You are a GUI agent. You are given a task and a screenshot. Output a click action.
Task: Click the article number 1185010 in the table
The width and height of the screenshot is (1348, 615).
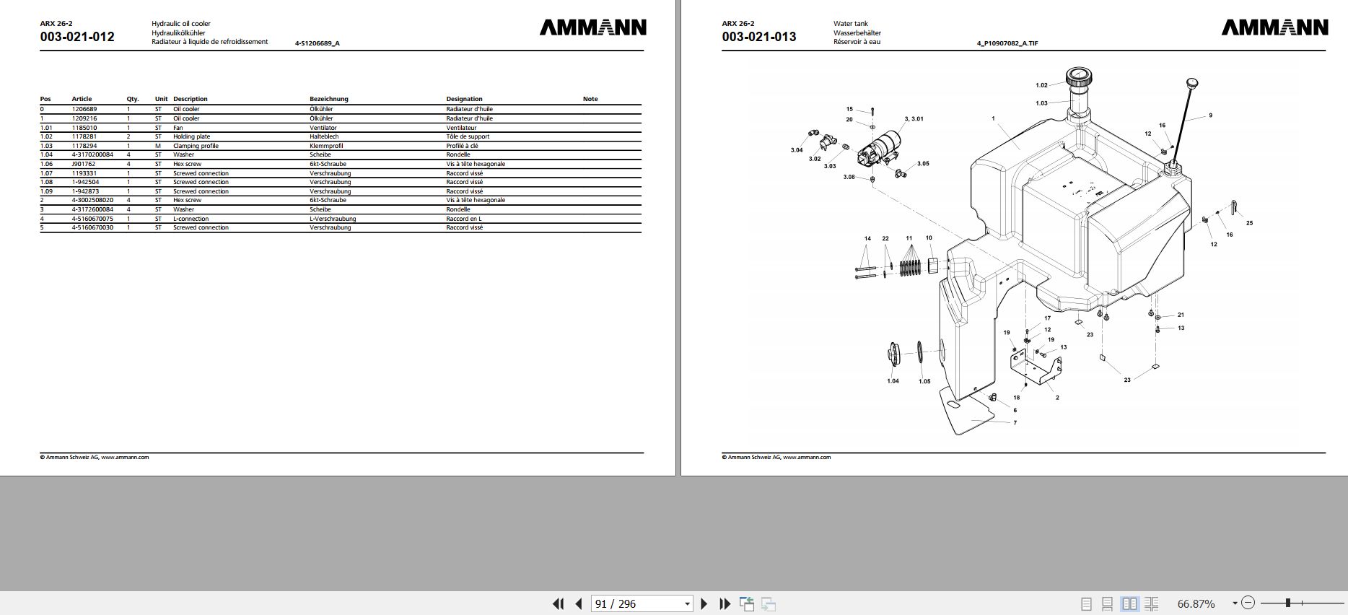point(84,128)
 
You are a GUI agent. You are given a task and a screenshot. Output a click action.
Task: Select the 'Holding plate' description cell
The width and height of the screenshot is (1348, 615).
point(192,136)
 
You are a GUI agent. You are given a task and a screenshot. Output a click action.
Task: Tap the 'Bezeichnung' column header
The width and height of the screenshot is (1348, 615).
point(329,99)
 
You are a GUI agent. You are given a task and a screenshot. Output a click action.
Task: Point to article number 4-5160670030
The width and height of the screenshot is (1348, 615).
point(92,227)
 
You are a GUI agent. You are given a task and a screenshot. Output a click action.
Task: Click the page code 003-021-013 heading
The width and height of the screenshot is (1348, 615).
point(759,37)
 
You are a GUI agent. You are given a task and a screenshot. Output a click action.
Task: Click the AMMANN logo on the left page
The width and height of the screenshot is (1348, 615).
point(593,27)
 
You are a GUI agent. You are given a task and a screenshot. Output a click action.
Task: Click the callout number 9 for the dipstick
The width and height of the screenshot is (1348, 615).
point(1210,115)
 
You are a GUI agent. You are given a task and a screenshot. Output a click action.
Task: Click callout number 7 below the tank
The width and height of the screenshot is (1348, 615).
point(1015,423)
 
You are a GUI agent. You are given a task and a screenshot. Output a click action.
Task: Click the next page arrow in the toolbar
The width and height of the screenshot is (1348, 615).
point(704,603)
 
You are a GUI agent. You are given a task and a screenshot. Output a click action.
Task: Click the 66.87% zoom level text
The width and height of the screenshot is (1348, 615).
point(1196,603)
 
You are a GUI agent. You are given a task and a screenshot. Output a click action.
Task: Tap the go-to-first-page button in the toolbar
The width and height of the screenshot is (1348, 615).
point(558,603)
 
